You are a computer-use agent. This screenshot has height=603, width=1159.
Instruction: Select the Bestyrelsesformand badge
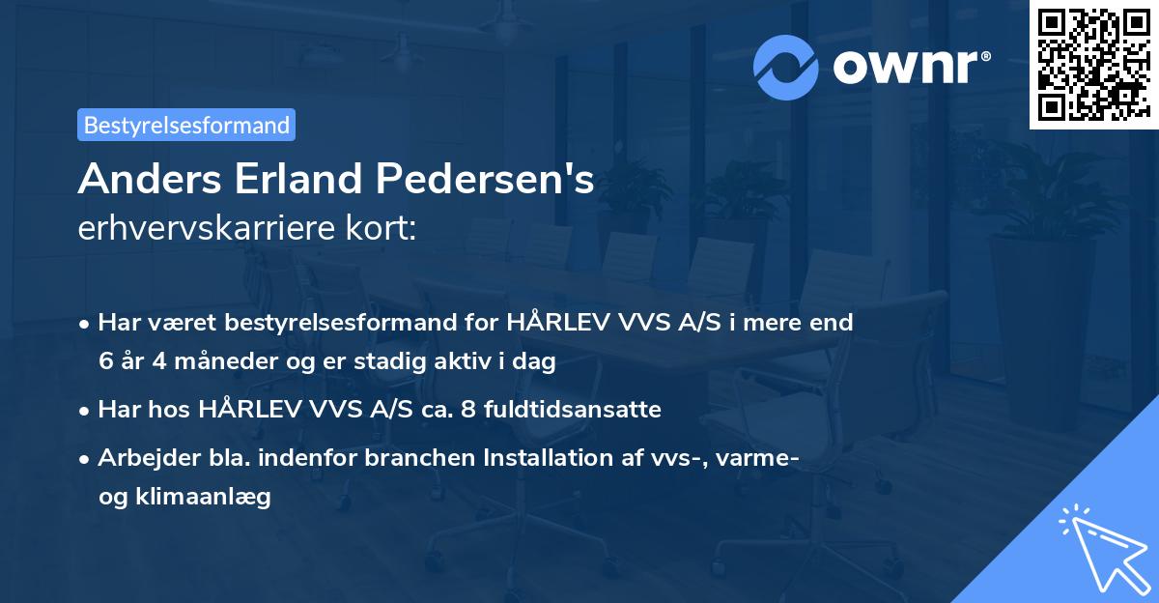tap(186, 125)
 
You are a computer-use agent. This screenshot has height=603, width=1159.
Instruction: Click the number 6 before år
tap(105, 361)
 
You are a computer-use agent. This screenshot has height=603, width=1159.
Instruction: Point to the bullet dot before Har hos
tap(86, 410)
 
